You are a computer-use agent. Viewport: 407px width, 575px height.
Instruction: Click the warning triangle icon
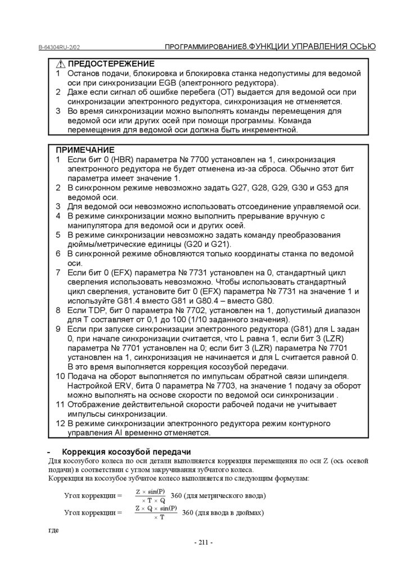click(61, 64)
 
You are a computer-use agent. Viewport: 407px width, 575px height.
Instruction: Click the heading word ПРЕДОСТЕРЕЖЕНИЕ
click(111, 64)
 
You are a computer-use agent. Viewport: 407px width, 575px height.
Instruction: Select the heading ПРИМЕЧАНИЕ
click(85, 150)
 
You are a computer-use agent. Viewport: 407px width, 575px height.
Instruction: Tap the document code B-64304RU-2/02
click(63, 48)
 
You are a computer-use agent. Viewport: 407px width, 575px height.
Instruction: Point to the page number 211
click(203, 542)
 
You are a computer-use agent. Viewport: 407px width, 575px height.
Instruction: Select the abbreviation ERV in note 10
click(116, 386)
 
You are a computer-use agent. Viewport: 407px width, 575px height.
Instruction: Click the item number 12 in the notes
click(61, 423)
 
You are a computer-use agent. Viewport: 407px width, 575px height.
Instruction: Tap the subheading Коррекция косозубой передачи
click(126, 452)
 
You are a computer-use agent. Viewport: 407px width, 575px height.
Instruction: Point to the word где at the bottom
click(54, 530)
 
